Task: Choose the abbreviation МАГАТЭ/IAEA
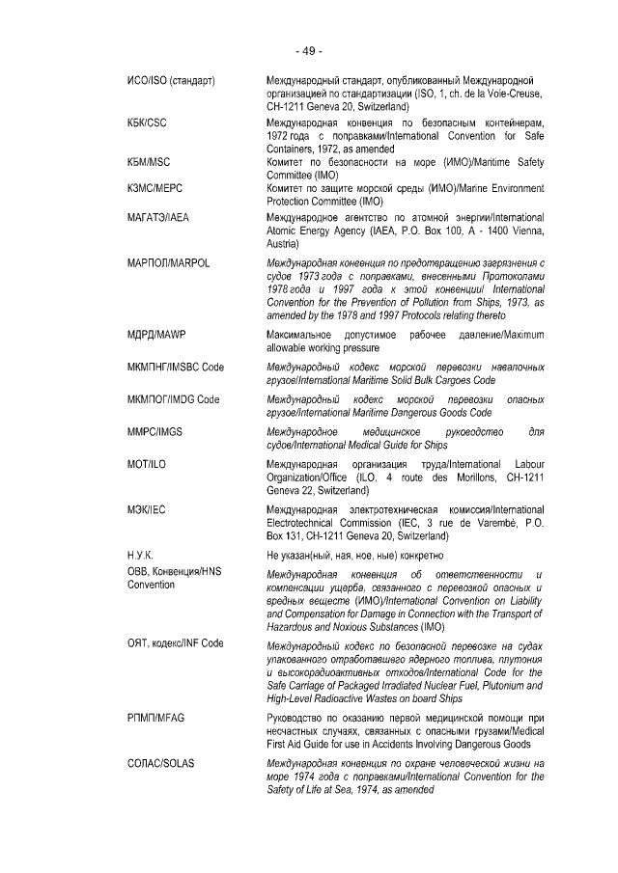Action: pyautogui.click(x=158, y=218)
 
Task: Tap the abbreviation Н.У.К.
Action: pyautogui.click(x=141, y=555)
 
